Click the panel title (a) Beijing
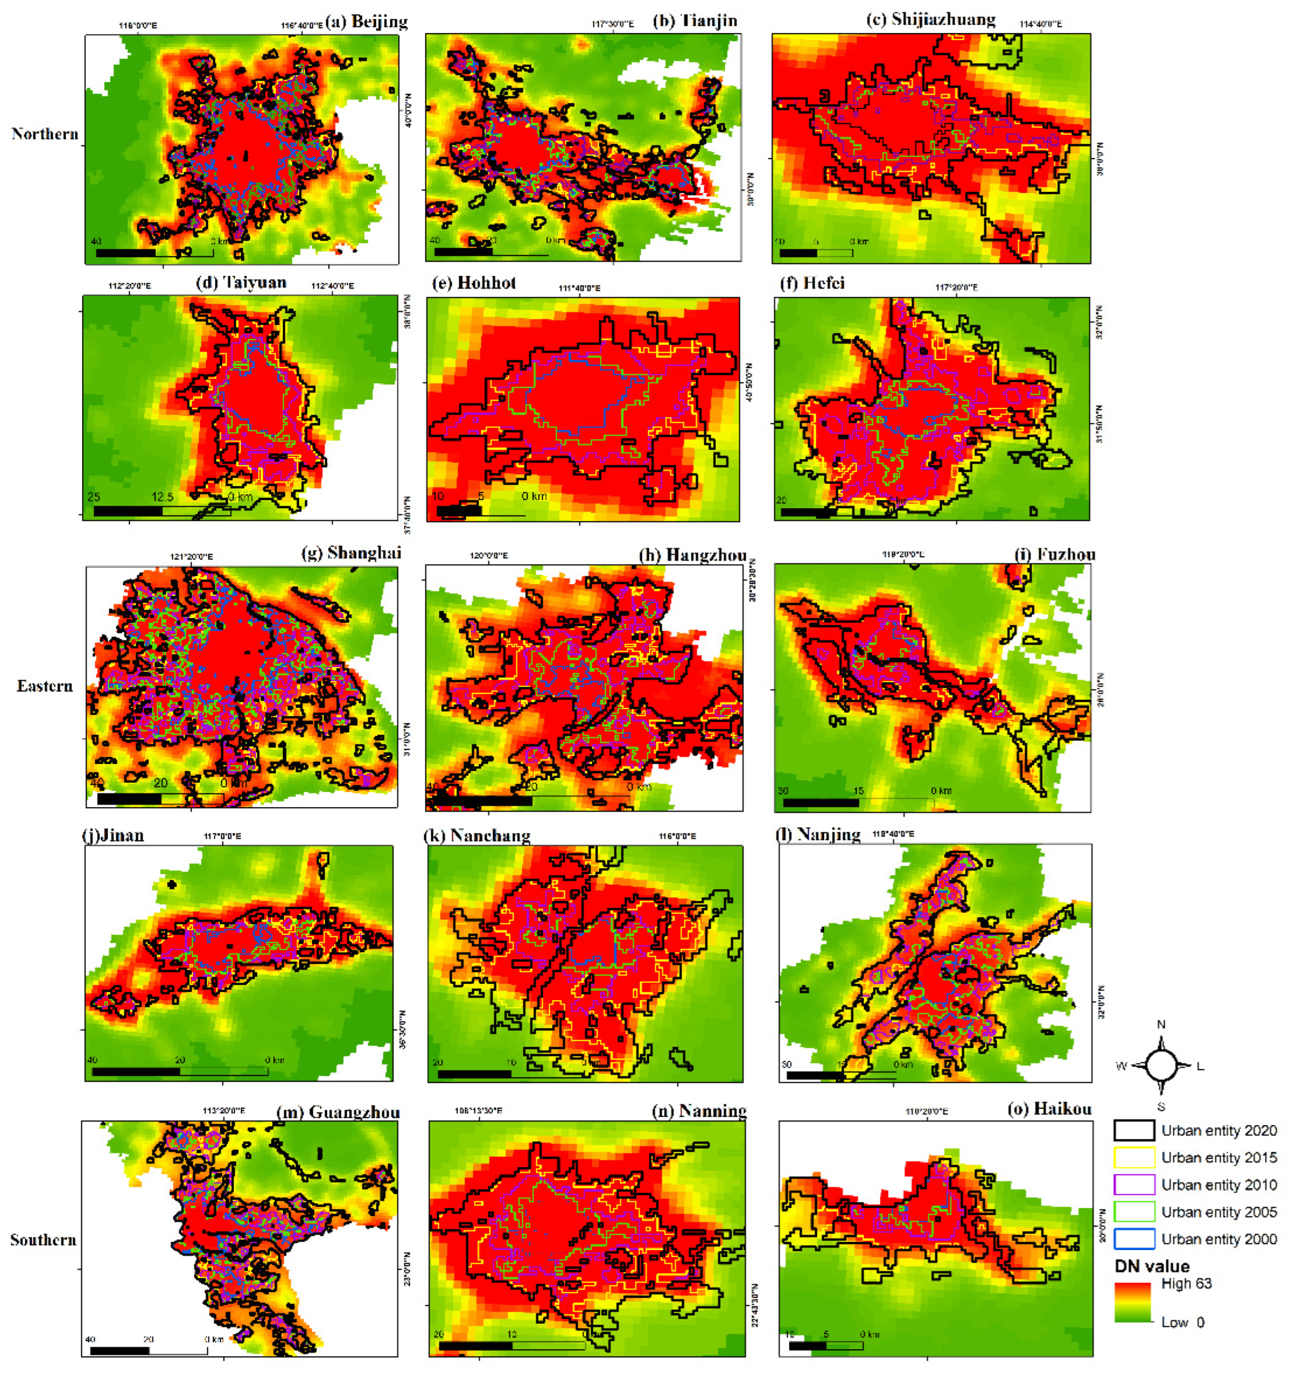367,21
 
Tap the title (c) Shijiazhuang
931,19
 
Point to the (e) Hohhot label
474,283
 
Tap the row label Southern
43,1240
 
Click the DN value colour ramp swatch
1132,1302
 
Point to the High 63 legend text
1186,1284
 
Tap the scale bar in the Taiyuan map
162,511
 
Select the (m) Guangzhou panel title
338,1112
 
